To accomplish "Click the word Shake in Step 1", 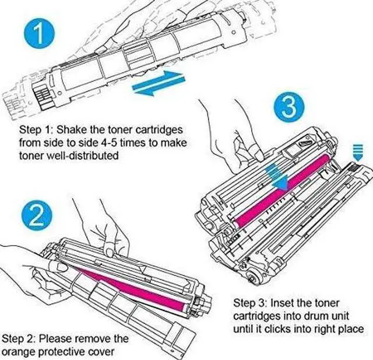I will coord(72,129).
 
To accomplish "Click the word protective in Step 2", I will coord(66,351).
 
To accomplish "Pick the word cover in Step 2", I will coord(105,351).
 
